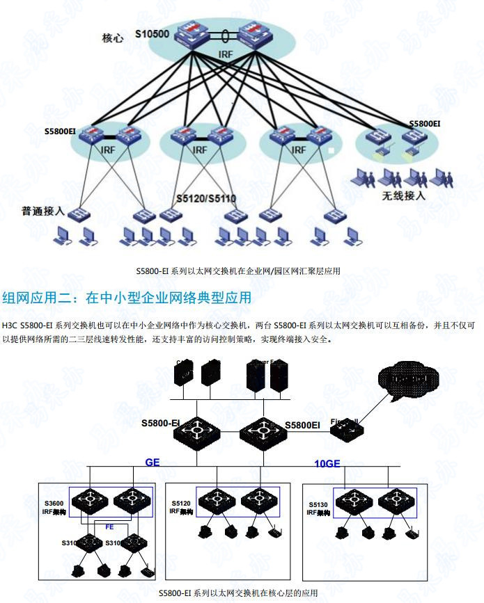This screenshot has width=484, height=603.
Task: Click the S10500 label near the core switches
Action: [152, 32]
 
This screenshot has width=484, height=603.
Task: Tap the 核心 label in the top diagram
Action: [113, 38]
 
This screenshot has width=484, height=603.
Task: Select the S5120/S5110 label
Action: [206, 198]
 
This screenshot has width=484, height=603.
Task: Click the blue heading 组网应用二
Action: [126, 298]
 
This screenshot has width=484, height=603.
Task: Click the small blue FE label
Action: [109, 526]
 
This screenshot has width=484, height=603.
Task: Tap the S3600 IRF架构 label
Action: [56, 507]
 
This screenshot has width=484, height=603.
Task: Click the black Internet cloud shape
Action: [412, 380]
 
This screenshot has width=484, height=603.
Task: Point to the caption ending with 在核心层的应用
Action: [238, 593]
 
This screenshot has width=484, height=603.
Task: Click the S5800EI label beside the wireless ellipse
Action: [424, 124]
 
